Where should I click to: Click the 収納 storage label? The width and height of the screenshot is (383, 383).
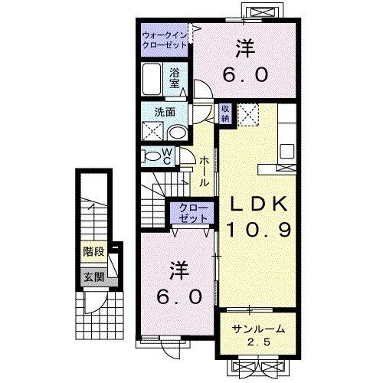tap(226, 113)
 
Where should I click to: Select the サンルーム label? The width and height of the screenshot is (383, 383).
tap(258, 329)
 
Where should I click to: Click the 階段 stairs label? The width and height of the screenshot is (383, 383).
tap(93, 250)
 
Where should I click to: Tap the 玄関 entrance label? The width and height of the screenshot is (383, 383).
tap(92, 277)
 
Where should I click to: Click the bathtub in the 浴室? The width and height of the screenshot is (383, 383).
tap(153, 80)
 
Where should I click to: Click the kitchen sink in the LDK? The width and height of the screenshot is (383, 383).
tap(289, 149)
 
